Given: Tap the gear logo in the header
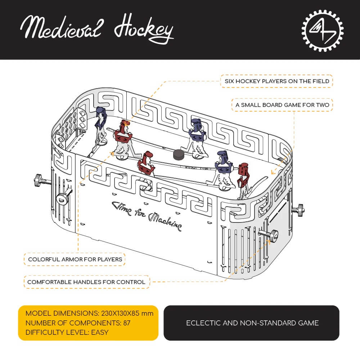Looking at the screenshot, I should coord(322,30).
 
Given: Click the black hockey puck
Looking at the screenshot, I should coord(179,154).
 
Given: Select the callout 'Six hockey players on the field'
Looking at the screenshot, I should coord(276,81).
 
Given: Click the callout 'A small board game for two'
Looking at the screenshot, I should coord(282,105).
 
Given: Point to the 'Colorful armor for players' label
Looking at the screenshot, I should coord(75,259).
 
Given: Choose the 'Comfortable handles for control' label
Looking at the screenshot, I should coord(86,282).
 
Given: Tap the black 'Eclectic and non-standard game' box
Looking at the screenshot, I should coord(252,323).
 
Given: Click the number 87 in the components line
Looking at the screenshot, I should coord(126,323).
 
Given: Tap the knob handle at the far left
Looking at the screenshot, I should coord(37,179).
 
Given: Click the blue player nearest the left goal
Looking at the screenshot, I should coord(101,126).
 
